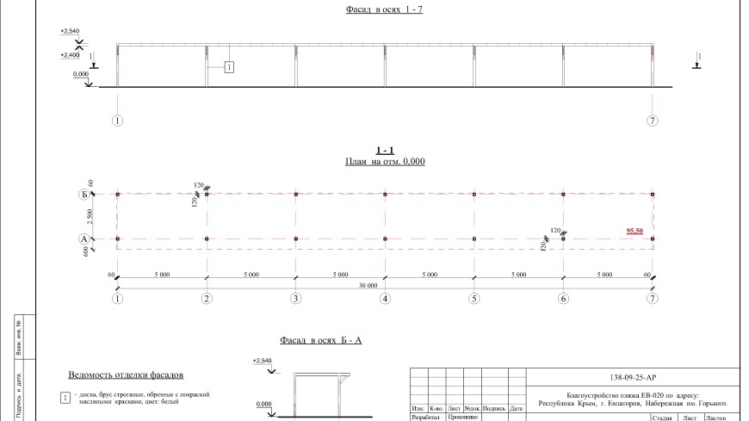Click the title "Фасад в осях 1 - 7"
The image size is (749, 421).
[x=374, y=11]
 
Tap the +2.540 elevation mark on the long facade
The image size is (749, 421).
[x=70, y=31]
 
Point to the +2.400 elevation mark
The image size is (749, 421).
[x=70, y=55]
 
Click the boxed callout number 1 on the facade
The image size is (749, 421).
[x=230, y=66]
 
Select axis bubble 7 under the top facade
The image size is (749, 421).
[x=653, y=120]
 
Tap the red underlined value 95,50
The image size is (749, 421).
[x=635, y=231]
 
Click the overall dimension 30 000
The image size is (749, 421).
[x=385, y=283]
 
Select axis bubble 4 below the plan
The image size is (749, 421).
[x=385, y=299]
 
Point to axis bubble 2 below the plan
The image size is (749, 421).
[x=207, y=299]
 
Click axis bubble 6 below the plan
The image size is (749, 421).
[x=563, y=299]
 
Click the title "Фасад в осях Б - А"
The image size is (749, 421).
[x=321, y=340]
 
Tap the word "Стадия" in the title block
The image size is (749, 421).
[x=662, y=418]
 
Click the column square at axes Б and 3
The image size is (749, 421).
[x=295, y=195]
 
